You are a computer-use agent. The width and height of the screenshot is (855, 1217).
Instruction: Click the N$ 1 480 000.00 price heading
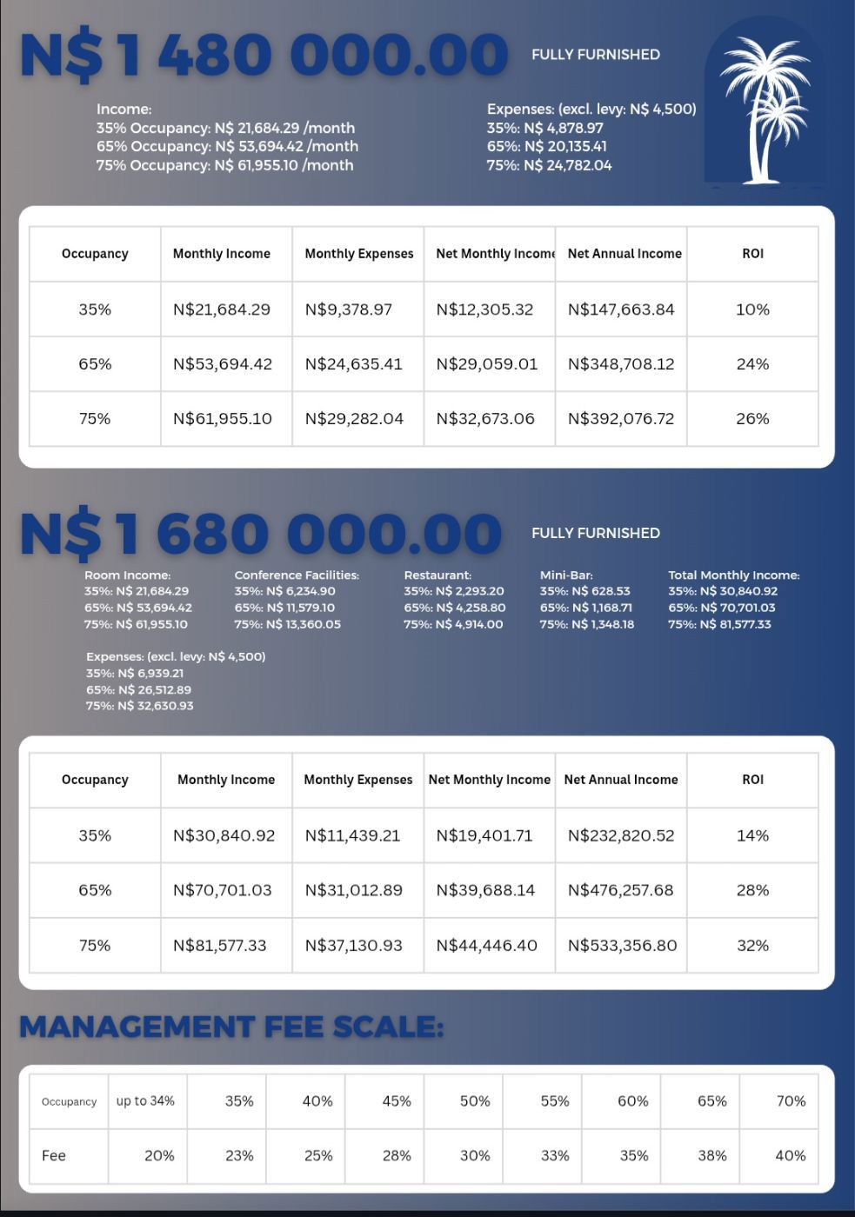pos(264,55)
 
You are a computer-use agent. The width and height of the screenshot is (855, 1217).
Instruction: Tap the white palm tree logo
pos(764,108)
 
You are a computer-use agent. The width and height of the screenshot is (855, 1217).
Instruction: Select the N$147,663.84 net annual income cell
pos(621,309)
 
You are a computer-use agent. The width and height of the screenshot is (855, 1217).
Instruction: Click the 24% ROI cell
pos(752,364)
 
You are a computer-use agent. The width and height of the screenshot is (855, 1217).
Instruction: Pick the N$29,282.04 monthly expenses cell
pos(354,419)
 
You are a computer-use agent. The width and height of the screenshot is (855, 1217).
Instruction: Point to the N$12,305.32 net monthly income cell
pos(484,309)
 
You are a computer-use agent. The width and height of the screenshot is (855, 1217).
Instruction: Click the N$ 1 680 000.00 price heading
pos(261,533)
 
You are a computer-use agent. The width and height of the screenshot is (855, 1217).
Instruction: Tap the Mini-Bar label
pos(566,575)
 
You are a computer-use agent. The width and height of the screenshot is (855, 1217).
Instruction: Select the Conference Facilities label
pos(297,575)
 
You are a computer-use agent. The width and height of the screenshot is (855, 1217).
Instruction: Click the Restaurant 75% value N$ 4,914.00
pos(453,624)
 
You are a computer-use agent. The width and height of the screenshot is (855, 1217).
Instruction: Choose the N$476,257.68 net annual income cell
pos(621,890)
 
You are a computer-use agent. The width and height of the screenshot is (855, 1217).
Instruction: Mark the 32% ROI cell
pos(752,946)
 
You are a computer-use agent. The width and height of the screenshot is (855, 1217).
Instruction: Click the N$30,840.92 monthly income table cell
pos(224,835)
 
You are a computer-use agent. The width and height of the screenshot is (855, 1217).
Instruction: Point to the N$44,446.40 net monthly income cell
pos(486,946)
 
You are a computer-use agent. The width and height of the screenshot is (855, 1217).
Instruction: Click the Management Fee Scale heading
pos(231,1027)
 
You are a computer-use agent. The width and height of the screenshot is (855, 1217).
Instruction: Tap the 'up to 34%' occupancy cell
pos(145,1101)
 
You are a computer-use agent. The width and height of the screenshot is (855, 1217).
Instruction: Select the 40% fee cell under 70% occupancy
pos(790,1156)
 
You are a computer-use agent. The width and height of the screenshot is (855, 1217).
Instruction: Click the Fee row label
pos(54,1156)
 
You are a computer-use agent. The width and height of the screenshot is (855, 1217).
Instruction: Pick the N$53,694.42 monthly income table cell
pos(223,364)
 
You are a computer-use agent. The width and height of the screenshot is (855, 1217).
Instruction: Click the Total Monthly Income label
pos(733,575)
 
